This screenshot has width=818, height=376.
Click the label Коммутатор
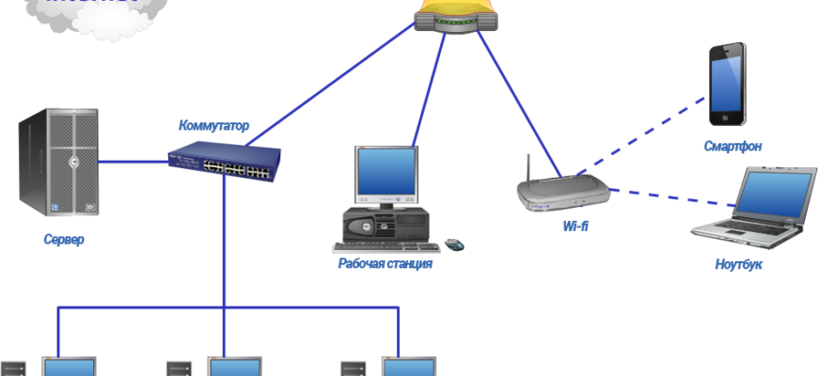214,125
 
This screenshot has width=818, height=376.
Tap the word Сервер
64,240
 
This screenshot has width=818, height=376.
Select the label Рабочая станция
385,264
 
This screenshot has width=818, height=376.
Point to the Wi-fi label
575,227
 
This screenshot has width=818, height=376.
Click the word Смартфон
733,147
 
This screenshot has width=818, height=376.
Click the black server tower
57,162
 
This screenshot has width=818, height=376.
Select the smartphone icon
728,85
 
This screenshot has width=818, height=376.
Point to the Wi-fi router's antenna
527,168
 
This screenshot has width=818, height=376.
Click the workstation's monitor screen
384,178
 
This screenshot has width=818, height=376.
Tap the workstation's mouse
455,245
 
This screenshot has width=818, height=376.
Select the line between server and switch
134,161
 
